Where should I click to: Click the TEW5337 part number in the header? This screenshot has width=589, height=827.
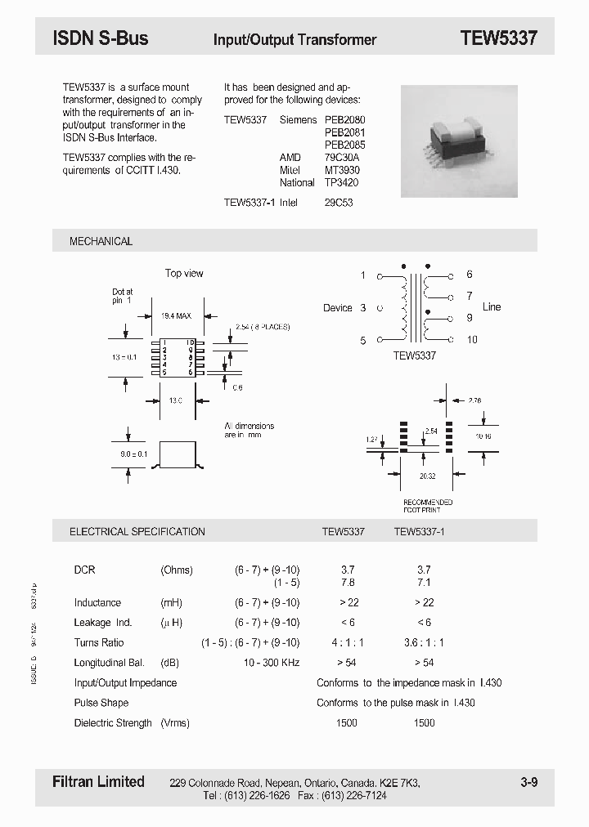tap(498, 38)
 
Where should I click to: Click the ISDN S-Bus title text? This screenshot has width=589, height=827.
tap(100, 38)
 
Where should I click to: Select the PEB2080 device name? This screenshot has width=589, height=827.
tap(344, 119)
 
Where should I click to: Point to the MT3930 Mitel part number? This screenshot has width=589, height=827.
tap(342, 170)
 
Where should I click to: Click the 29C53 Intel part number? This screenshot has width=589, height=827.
tap(339, 202)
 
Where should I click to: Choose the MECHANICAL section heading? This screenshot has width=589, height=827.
tap(101, 241)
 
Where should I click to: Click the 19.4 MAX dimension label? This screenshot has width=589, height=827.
tap(176, 315)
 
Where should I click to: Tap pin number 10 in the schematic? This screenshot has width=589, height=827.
tap(472, 340)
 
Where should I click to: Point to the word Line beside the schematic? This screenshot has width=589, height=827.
tap(492, 306)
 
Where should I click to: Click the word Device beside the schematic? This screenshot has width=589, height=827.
tap(337, 308)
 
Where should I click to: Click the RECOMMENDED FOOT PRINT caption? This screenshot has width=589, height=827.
tap(427, 506)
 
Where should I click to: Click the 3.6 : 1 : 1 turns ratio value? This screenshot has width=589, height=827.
tap(424, 642)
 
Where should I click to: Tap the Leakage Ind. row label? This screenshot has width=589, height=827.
tap(103, 623)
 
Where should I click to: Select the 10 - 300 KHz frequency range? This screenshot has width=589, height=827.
tap(272, 663)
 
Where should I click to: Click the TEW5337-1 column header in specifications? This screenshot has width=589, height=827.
tap(419, 531)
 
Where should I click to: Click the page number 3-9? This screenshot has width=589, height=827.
tap(528, 782)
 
